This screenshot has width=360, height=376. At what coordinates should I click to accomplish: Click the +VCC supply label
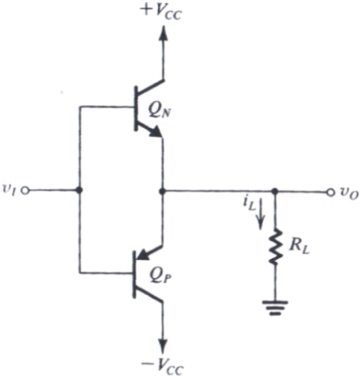click(x=161, y=12)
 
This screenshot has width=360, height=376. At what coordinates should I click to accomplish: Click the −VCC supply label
click(x=162, y=366)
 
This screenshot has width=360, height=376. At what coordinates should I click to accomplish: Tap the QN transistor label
click(x=159, y=111)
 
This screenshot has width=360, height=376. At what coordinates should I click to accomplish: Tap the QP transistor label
click(x=160, y=276)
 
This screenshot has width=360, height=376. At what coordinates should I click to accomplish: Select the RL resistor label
click(x=299, y=247)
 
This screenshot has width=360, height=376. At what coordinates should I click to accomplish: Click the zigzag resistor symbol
click(x=275, y=247)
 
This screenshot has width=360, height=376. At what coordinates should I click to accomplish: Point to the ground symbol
click(x=275, y=308)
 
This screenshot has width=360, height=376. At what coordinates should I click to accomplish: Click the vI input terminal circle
click(x=25, y=191)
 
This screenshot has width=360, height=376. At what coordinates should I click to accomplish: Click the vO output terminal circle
click(x=330, y=192)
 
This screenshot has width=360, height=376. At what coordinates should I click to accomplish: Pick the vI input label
click(x=9, y=190)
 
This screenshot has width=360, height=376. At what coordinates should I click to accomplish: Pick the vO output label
click(x=349, y=193)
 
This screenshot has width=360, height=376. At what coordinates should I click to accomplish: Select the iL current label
click(x=250, y=205)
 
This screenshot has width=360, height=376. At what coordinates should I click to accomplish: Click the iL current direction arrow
click(x=260, y=214)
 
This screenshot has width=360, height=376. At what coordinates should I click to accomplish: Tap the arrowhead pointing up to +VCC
click(x=163, y=33)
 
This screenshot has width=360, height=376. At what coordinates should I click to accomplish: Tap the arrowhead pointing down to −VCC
click(x=163, y=345)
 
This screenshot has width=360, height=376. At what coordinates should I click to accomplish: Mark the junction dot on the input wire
click(x=79, y=191)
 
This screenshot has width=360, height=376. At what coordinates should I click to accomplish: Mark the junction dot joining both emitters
click(x=162, y=191)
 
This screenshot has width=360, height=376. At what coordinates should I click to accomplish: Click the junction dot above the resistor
click(x=274, y=191)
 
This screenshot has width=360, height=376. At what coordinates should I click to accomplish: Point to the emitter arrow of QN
click(x=154, y=131)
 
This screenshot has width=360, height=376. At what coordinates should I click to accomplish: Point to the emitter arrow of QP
click(x=145, y=254)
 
